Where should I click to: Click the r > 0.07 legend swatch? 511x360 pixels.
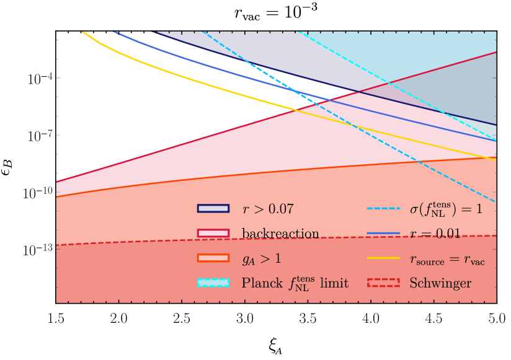tap(213, 209)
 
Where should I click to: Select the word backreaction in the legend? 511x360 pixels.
tap(280, 234)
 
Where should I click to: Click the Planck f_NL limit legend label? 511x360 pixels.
tap(295, 283)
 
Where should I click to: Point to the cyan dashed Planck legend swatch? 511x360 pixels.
tap(213, 283)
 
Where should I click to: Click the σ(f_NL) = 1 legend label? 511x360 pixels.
tap(446, 209)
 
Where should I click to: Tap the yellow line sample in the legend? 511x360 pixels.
tap(381, 259)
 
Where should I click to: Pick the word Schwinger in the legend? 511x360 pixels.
tap(440, 284)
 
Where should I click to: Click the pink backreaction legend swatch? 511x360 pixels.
tap(213, 234)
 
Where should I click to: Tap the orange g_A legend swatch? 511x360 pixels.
tap(213, 258)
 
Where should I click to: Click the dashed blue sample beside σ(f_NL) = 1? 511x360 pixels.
tap(381, 209)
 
